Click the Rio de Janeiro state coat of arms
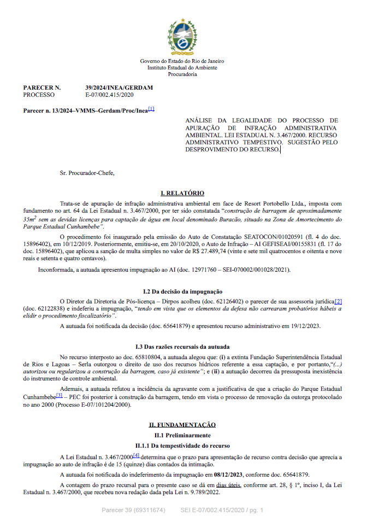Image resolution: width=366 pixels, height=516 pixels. [182, 34]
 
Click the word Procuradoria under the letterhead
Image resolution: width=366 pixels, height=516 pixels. [182, 74]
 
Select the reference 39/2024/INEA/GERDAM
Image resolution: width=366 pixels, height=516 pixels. [119, 87]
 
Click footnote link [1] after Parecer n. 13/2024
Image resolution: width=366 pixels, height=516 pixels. [151, 109]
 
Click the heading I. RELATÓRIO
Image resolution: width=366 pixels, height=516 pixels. [182, 193]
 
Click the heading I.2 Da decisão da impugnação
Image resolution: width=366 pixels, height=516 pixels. [182, 291]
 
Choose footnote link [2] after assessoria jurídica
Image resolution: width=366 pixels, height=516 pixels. [339, 301]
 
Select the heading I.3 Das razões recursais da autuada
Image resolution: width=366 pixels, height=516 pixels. [182, 347]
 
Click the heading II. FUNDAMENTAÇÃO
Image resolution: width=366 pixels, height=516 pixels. [182, 425]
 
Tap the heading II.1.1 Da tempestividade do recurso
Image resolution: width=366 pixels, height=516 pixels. [182, 446]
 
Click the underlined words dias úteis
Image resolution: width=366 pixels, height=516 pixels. [228, 485]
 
